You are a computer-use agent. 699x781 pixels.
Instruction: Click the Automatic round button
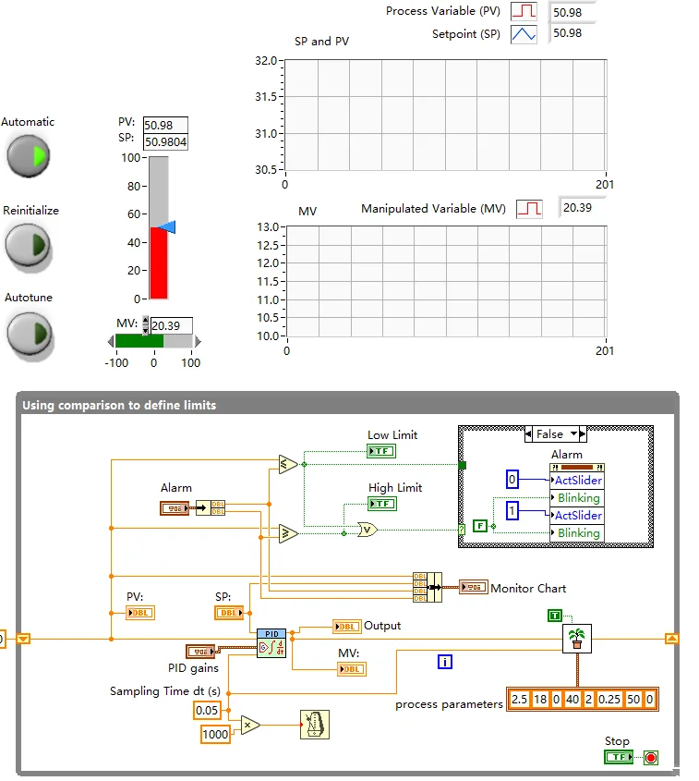coord(29,155)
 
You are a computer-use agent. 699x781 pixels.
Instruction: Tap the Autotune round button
coord(29,332)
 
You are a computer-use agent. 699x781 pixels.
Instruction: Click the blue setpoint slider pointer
coord(165,227)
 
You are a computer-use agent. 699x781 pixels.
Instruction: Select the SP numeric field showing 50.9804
coord(165,142)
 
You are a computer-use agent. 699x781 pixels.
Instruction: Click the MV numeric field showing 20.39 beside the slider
coord(171,325)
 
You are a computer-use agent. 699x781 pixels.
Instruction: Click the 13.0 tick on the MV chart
coord(266,227)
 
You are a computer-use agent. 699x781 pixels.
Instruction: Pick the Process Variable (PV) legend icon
coord(524,12)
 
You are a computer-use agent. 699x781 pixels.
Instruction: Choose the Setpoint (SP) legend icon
coord(524,34)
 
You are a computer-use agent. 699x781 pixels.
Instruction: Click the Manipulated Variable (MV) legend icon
coord(529,209)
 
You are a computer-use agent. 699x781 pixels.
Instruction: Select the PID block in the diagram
coord(271,640)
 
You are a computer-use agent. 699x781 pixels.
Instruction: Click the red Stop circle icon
coord(650,758)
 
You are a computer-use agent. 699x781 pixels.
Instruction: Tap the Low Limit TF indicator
coord(380,451)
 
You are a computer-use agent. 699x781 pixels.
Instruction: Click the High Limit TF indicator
coord(381,504)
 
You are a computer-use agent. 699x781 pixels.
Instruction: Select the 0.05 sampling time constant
coord(206,710)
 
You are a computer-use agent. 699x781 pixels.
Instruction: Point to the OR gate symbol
coord(368,530)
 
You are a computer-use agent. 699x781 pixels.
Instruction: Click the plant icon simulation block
coord(576,638)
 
